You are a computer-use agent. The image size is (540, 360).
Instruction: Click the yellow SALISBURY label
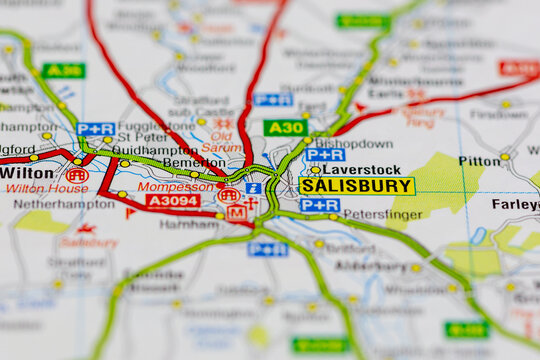click(x=356, y=186)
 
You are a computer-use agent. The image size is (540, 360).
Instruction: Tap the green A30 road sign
click(x=285, y=127)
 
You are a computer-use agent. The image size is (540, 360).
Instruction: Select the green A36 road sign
click(x=63, y=70)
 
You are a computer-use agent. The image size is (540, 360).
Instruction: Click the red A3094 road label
click(x=173, y=200)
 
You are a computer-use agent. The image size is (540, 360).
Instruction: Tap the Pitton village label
click(x=479, y=160)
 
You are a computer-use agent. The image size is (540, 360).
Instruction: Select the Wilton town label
click(x=27, y=172)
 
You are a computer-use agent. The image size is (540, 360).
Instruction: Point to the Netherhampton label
click(x=64, y=204)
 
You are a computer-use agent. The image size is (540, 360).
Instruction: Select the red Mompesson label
click(x=175, y=186)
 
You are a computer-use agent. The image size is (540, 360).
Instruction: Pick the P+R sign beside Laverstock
click(x=325, y=155)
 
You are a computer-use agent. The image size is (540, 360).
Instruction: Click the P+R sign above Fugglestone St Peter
click(x=96, y=129)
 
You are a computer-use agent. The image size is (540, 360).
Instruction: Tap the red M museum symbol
click(x=236, y=212)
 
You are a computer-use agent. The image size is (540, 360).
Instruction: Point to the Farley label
click(x=515, y=204)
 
